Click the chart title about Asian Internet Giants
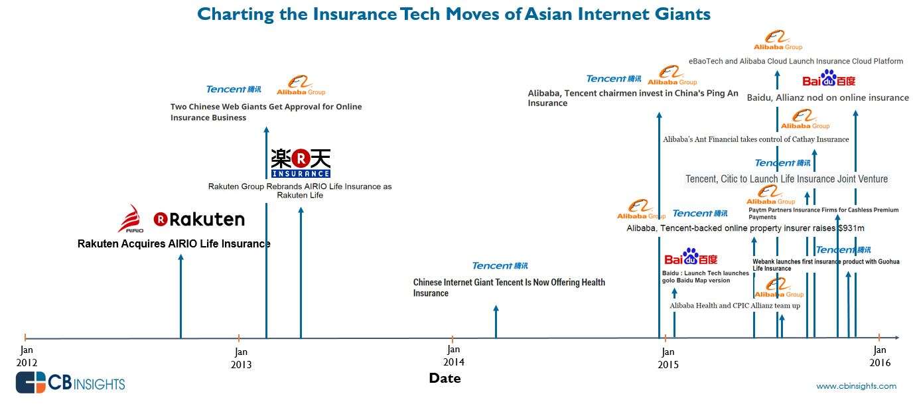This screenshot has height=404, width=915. pyautogui.click(x=454, y=15)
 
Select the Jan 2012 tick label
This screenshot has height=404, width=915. pyautogui.click(x=27, y=356)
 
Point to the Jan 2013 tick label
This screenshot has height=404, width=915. pyautogui.click(x=241, y=358)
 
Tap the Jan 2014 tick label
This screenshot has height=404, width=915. pyautogui.click(x=454, y=356)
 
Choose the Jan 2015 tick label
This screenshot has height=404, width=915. pyautogui.click(x=668, y=358)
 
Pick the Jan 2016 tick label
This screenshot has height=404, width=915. pyautogui.click(x=880, y=356)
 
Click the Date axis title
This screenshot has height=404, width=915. pyautogui.click(x=445, y=378)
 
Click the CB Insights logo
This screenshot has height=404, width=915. pyautogui.click(x=71, y=383)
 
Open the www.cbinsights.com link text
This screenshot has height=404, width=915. pyautogui.click(x=856, y=386)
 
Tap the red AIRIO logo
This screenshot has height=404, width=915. pyautogui.click(x=131, y=218)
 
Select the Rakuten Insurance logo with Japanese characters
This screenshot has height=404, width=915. pyautogui.click(x=301, y=163)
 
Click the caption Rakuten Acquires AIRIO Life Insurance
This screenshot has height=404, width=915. pyautogui.click(x=174, y=244)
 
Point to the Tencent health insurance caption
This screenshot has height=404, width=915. pyautogui.click(x=509, y=288)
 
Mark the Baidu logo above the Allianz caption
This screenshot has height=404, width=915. pyautogui.click(x=829, y=78)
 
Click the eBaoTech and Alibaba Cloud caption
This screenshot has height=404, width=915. pyautogui.click(x=796, y=61)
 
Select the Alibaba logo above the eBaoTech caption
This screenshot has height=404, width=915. pyautogui.click(x=778, y=40)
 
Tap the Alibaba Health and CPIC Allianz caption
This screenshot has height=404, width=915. pyautogui.click(x=735, y=306)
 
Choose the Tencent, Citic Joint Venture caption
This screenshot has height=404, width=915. pyautogui.click(x=787, y=179)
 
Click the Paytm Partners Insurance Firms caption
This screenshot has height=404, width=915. pyautogui.click(x=823, y=213)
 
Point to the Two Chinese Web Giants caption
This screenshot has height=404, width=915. pyautogui.click(x=266, y=112)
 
